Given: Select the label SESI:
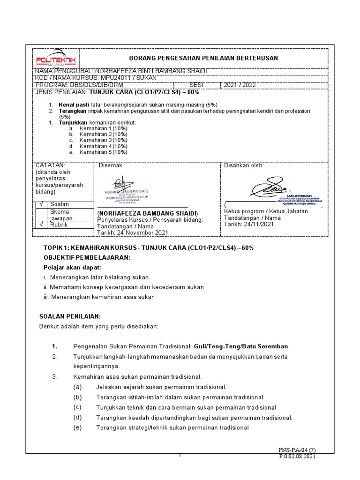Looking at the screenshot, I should coord(196,85).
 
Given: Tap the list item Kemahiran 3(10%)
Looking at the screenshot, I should coord(103,140).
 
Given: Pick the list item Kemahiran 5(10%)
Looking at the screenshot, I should coord(103,152).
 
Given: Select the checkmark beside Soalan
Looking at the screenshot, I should coord(41,204).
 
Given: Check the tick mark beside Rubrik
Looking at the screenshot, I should coord(41,225).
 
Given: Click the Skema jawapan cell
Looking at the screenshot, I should coord(59,215).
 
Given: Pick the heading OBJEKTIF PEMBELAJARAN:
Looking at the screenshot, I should coord(87,258).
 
